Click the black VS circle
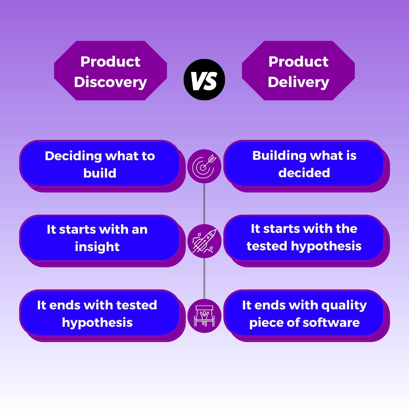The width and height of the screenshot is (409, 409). coord(204,80)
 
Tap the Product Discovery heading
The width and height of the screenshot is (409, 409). coord(110,71)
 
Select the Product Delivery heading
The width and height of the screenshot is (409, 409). coord(298,71)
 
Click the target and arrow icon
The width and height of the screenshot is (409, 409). coord(204,166)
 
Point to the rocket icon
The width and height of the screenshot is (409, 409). coord(204,241)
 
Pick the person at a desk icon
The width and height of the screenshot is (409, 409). coord(204,316)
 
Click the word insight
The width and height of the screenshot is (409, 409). coord(97,247)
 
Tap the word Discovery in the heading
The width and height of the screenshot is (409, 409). coord(110,82)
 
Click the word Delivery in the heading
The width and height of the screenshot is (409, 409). coord(298,82)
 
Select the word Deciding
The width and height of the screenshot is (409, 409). coord(73,156)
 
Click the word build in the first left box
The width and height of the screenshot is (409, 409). coord(100,173)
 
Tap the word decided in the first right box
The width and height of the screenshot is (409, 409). coord(304,173)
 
